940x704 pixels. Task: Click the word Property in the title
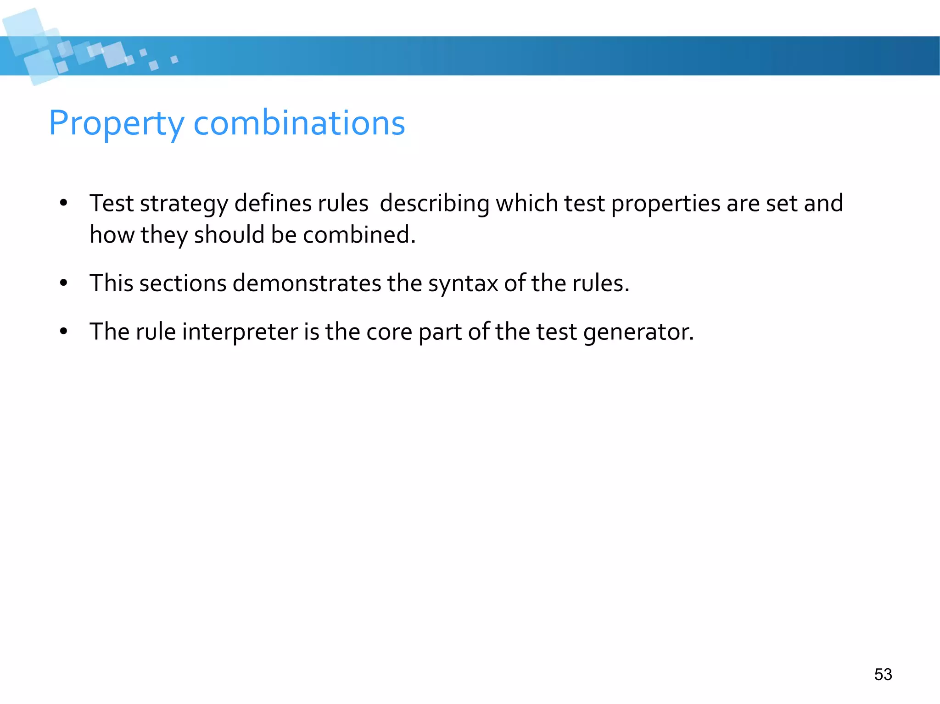coord(117,124)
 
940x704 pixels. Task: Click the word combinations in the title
coord(299,123)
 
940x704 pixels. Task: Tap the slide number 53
coord(883,674)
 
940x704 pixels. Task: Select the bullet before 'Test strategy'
coord(63,203)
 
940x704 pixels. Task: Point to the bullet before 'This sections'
coord(63,283)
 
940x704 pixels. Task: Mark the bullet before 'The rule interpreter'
coord(63,331)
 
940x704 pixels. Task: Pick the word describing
coord(434,204)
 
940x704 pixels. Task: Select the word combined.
coord(359,235)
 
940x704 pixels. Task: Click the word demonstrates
coord(307,283)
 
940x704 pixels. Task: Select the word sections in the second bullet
coord(183,283)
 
